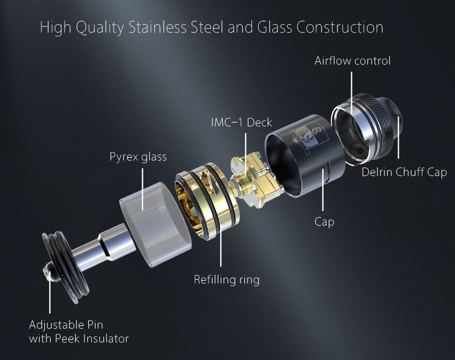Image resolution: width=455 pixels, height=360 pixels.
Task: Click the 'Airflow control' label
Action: tap(352, 61)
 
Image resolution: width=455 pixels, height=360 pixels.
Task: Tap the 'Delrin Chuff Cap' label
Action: tap(404, 172)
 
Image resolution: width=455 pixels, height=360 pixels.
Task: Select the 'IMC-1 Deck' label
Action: tap(242, 122)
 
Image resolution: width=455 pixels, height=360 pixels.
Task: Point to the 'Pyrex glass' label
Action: tap(138, 157)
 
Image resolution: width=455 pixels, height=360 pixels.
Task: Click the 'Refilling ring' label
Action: tap(227, 280)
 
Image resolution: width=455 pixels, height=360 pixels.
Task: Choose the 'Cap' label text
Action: tap(324, 222)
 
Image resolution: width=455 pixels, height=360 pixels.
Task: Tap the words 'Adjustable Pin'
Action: tap(66, 325)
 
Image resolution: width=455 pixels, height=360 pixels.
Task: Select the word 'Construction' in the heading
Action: tap(340, 27)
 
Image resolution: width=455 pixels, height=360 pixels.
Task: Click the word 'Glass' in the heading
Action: tap(275, 27)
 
